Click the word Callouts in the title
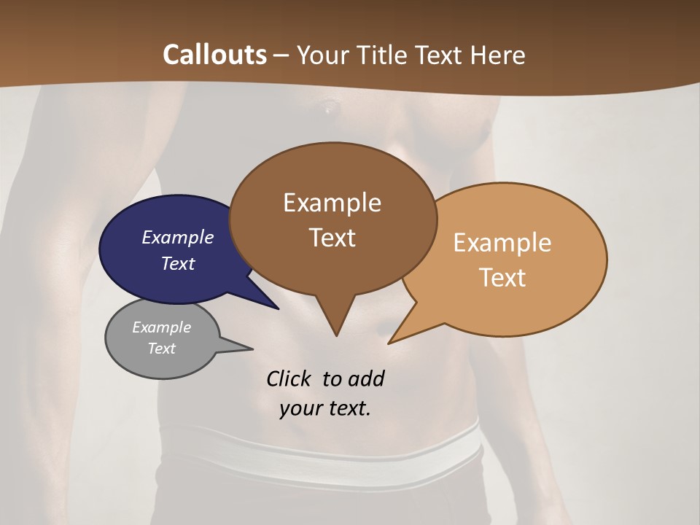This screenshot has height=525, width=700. pos(214,55)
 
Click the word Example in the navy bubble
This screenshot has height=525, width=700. pos(178,237)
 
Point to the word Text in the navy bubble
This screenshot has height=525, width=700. pos(178,263)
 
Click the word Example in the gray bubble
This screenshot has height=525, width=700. pos(161,327)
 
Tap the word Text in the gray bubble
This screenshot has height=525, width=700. pos(161,349)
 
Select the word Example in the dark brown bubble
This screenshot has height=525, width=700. pos(332,203)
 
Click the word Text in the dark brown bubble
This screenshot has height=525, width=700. pos(332,238)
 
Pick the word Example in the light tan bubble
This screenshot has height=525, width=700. pos(502,243)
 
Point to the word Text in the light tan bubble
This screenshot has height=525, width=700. pos(502,278)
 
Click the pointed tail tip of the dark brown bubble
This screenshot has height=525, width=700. pos(336,334)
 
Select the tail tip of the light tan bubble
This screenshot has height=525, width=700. pos(391,341)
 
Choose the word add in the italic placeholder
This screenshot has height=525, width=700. pos(366,379)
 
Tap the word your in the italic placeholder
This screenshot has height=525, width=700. pos(300,408)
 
